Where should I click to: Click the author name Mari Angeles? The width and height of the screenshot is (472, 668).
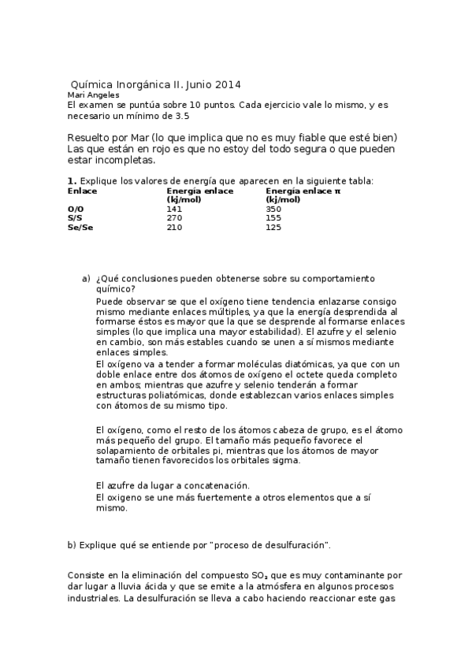[x=94, y=95]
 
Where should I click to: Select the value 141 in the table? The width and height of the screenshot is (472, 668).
[x=174, y=209]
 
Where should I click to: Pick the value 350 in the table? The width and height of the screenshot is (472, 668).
[x=273, y=209]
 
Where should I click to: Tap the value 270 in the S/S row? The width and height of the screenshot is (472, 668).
[x=174, y=218]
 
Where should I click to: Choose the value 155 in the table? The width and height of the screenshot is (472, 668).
[x=273, y=218]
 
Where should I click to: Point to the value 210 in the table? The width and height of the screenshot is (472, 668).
[x=174, y=228]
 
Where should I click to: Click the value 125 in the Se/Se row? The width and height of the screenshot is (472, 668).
[x=273, y=228]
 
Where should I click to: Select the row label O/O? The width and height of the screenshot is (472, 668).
[x=75, y=209]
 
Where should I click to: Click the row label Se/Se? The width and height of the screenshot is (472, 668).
[x=79, y=228]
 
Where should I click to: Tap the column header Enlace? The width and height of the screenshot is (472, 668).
[x=82, y=191]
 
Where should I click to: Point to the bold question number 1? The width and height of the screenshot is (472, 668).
[x=71, y=181]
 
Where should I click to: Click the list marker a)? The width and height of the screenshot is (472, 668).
[x=87, y=279]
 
